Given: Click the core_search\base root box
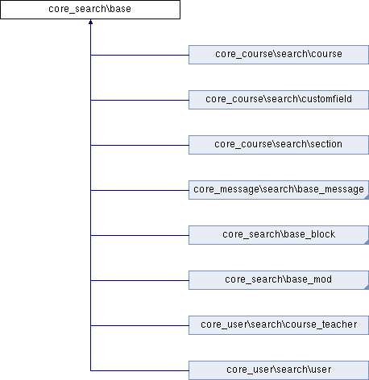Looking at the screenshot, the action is pyautogui.click(x=90, y=10).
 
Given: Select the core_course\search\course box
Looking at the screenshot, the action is pyautogui.click(x=279, y=55).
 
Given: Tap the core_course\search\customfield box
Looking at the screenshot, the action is pyautogui.click(x=279, y=100).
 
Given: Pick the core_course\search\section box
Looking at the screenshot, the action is pyautogui.click(x=279, y=145).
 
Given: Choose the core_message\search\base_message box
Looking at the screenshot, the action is pyautogui.click(x=279, y=190).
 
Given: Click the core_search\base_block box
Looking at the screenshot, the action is pyautogui.click(x=279, y=235).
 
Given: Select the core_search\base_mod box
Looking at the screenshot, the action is pyautogui.click(x=279, y=280).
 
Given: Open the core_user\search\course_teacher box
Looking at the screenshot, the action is pyautogui.click(x=279, y=325).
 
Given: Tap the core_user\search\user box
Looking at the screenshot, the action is pyautogui.click(x=279, y=370).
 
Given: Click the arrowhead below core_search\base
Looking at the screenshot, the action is pyautogui.click(x=90, y=22).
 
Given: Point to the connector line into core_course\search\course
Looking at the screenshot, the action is pyautogui.click(x=139, y=55).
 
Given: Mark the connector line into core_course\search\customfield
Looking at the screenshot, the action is pyautogui.click(x=139, y=100).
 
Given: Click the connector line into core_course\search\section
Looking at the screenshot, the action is pyautogui.click(x=139, y=145).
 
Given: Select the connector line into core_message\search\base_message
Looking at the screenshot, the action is pyautogui.click(x=139, y=190).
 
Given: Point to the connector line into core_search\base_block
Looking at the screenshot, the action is pyautogui.click(x=139, y=235).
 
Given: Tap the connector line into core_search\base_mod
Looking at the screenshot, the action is pyautogui.click(x=139, y=280).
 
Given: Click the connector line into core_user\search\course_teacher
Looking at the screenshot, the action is pyautogui.click(x=139, y=325).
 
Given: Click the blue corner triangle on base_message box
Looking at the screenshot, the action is pyautogui.click(x=367, y=197).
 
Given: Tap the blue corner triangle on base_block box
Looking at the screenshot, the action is pyautogui.click(x=367, y=242).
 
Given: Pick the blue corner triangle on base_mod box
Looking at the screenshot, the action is pyautogui.click(x=367, y=287).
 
